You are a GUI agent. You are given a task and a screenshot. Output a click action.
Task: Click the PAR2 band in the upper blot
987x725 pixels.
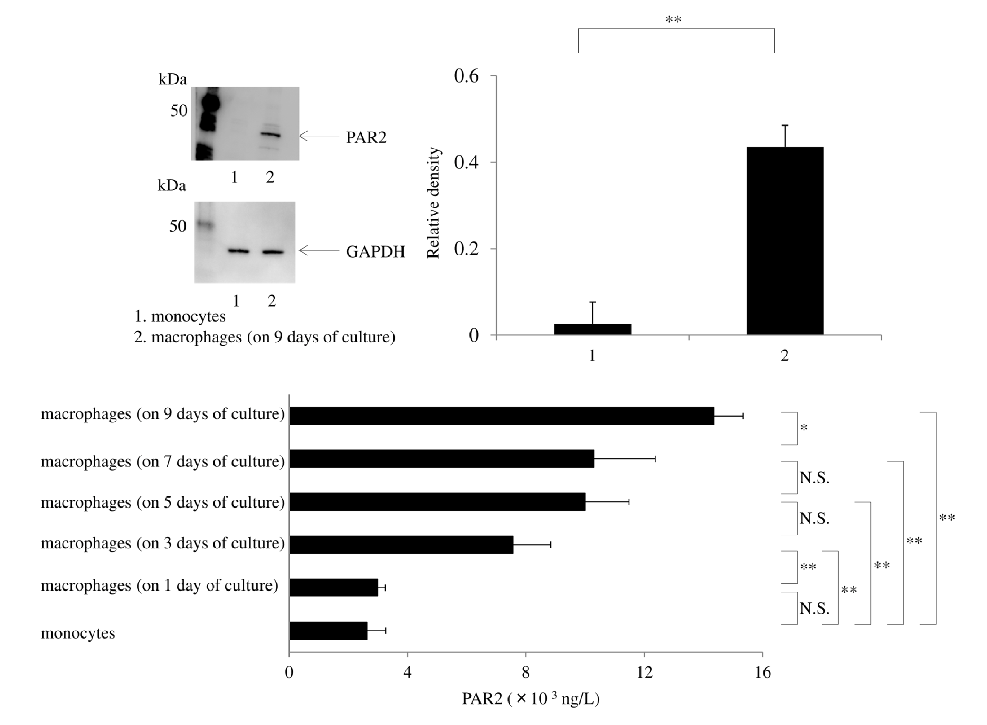coord(270,135)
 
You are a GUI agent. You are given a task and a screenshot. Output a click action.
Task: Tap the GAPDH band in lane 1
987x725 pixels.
coord(238,251)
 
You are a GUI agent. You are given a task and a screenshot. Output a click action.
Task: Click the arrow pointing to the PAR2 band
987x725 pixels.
coord(319,136)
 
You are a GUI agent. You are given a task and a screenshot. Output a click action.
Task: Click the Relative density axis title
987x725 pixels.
coord(433,203)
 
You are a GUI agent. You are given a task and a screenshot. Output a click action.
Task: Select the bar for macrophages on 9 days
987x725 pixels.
coord(501,416)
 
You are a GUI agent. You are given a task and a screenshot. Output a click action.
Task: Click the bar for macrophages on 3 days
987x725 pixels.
coord(401,544)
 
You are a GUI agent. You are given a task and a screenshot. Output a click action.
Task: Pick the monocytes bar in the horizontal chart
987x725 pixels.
coord(328,631)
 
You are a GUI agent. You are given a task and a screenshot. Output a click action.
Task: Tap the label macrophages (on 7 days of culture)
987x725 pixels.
coord(163,462)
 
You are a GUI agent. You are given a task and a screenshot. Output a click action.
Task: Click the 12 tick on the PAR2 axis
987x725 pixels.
coord(644,672)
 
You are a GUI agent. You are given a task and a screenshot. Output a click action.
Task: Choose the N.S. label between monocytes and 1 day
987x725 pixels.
coord(814,608)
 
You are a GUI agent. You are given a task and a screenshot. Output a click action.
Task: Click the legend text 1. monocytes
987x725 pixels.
coord(180,316)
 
